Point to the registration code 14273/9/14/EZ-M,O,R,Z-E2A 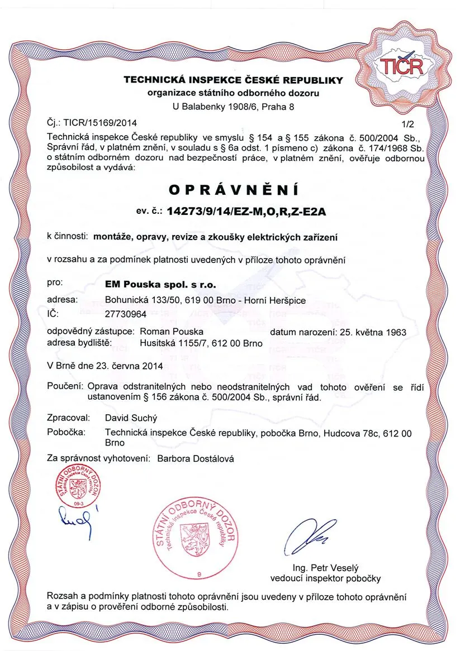(247, 212)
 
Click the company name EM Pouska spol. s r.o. (160, 285)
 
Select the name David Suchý (131, 417)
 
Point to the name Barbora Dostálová (196, 458)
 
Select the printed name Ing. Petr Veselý (325, 568)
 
